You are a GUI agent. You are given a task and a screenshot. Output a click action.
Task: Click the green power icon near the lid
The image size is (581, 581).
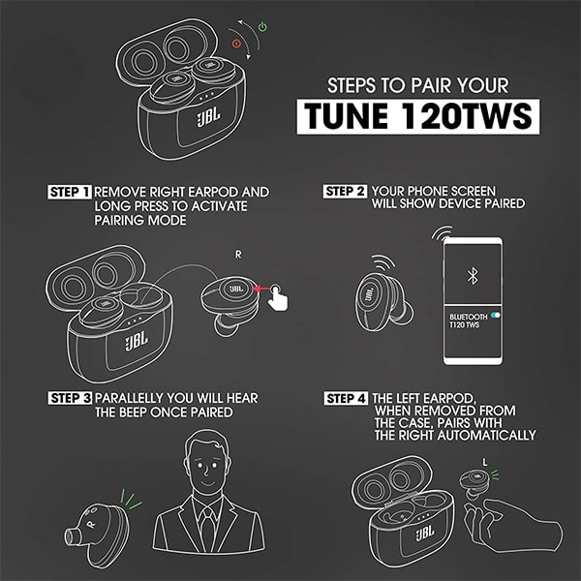point(262,27)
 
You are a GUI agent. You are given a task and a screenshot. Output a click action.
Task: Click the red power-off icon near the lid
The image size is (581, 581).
point(236,44)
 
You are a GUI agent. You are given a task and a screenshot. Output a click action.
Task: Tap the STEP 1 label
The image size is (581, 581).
point(70,192)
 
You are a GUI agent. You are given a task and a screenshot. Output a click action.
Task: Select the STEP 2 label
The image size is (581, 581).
point(345,191)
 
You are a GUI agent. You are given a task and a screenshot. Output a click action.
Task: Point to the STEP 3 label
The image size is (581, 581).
point(70,398)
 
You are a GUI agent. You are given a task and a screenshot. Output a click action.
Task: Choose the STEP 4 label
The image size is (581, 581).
point(346,398)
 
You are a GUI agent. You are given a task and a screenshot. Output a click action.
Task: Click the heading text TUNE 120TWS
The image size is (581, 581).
point(418,116)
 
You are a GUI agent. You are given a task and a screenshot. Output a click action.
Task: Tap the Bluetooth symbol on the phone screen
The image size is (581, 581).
point(473,276)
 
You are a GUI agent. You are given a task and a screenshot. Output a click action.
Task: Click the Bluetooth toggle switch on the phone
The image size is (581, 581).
point(496,316)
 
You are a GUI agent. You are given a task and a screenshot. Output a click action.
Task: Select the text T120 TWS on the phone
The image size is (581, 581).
point(464,325)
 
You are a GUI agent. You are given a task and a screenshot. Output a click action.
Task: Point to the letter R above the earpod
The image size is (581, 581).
point(238,255)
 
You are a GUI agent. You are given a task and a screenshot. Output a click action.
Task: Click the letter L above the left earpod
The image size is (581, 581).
point(485,462)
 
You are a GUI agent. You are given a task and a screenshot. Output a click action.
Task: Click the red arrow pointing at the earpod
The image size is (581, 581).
point(260,289)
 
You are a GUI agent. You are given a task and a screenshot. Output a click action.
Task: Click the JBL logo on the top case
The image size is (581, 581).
point(208,117)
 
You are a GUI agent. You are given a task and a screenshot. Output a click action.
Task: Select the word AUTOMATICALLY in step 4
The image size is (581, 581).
point(486,435)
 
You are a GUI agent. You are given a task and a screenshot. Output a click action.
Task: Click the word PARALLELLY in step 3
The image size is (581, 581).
point(129,398)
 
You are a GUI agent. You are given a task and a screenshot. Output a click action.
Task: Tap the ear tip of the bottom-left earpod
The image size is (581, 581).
point(73,536)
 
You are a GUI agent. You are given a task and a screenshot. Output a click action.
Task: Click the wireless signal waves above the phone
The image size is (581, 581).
point(442,232)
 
